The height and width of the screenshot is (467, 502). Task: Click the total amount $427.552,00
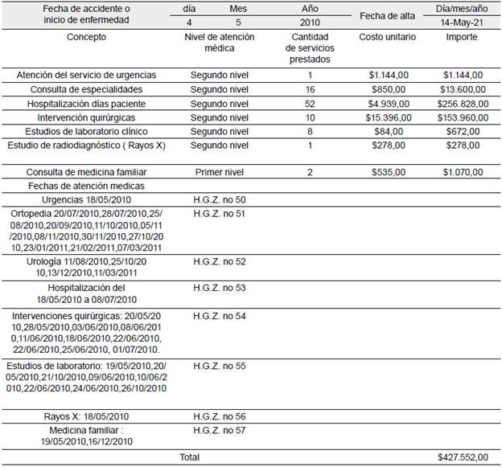(463, 457)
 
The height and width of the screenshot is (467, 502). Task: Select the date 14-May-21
(463, 23)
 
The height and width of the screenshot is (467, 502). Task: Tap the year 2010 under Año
(310, 23)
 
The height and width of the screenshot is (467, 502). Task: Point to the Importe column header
(462, 37)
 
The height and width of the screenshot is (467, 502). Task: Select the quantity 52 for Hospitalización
(310, 103)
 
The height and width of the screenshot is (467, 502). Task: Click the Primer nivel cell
(220, 172)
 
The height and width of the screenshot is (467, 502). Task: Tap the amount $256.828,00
(462, 103)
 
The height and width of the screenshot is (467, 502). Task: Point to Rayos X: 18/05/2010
(86, 416)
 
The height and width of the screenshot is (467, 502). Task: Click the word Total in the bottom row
(191, 457)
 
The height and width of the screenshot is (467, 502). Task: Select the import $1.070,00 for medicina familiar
(462, 172)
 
